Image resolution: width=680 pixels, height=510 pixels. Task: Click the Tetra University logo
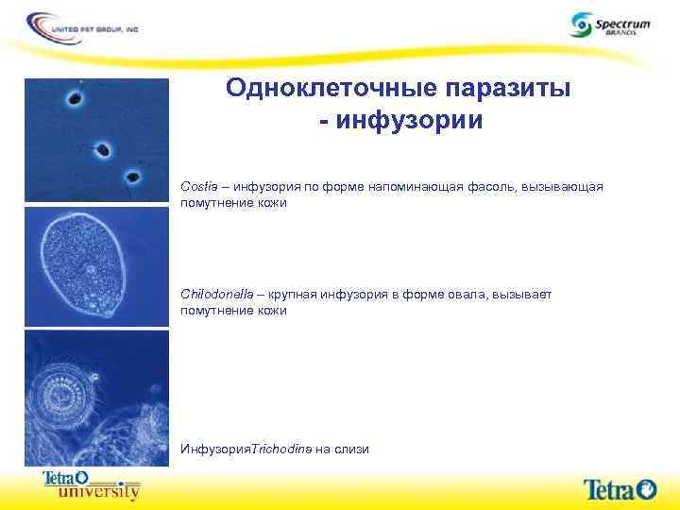coord(92,484)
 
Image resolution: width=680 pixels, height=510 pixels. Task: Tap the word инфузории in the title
coord(412,121)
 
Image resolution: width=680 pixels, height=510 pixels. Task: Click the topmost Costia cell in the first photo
coord(74,97)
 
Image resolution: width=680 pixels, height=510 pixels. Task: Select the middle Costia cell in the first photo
coord(102,149)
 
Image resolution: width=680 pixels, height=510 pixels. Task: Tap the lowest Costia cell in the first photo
coord(132,177)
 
